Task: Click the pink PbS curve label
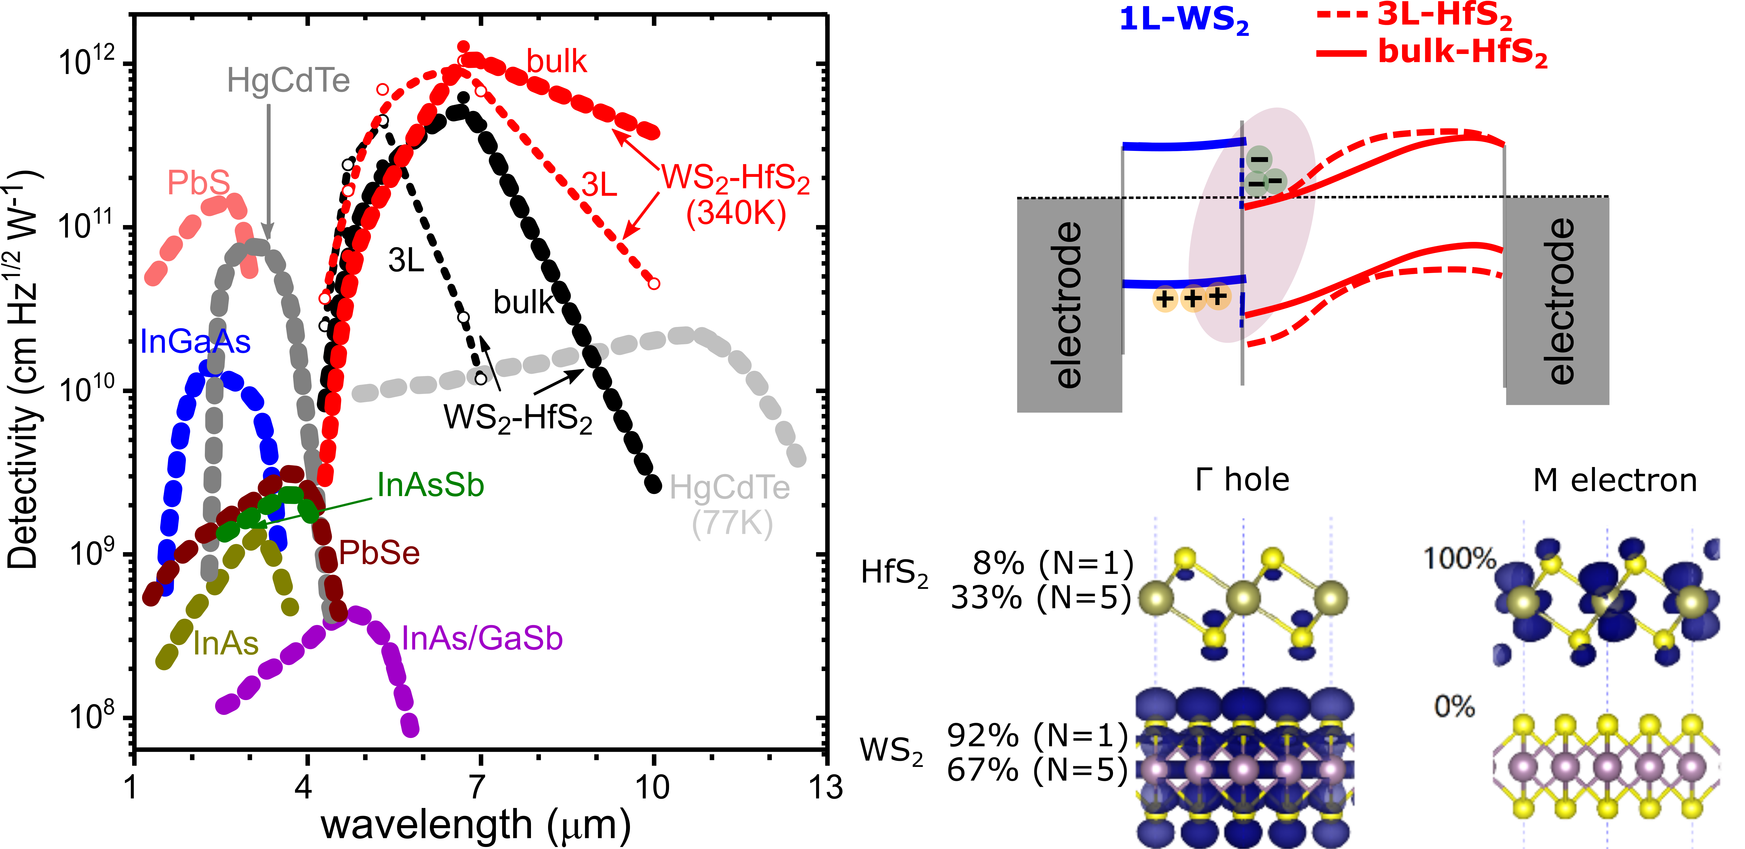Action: (199, 183)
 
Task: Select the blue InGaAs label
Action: (195, 341)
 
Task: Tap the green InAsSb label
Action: (430, 485)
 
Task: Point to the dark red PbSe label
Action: (379, 553)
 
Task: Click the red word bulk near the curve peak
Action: (556, 62)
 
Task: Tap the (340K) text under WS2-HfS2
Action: (736, 213)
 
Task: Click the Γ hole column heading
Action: (1242, 480)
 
